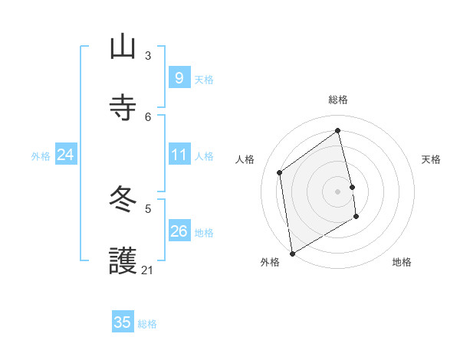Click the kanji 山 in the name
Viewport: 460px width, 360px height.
123,47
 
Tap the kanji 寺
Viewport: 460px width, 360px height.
123,108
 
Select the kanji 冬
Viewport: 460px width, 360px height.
123,200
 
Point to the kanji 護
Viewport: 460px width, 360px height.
123,261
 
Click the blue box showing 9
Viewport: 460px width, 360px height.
179,77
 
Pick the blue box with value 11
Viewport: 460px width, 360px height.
179,155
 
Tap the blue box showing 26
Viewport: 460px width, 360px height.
179,231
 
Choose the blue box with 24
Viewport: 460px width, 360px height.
65,155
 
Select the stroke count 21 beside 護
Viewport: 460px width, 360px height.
148,270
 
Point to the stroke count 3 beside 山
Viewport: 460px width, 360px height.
148,55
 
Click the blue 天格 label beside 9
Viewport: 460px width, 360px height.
204,79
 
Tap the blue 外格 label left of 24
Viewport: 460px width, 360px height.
41,156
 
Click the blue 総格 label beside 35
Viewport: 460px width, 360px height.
147,323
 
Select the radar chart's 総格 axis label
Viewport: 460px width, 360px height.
337,100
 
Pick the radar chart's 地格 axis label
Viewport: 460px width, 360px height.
402,262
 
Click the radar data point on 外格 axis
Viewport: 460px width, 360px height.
291,253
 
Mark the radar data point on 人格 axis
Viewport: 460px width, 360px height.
280,172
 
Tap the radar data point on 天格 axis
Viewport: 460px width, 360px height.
353,187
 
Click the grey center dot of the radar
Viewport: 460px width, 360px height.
337,191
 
